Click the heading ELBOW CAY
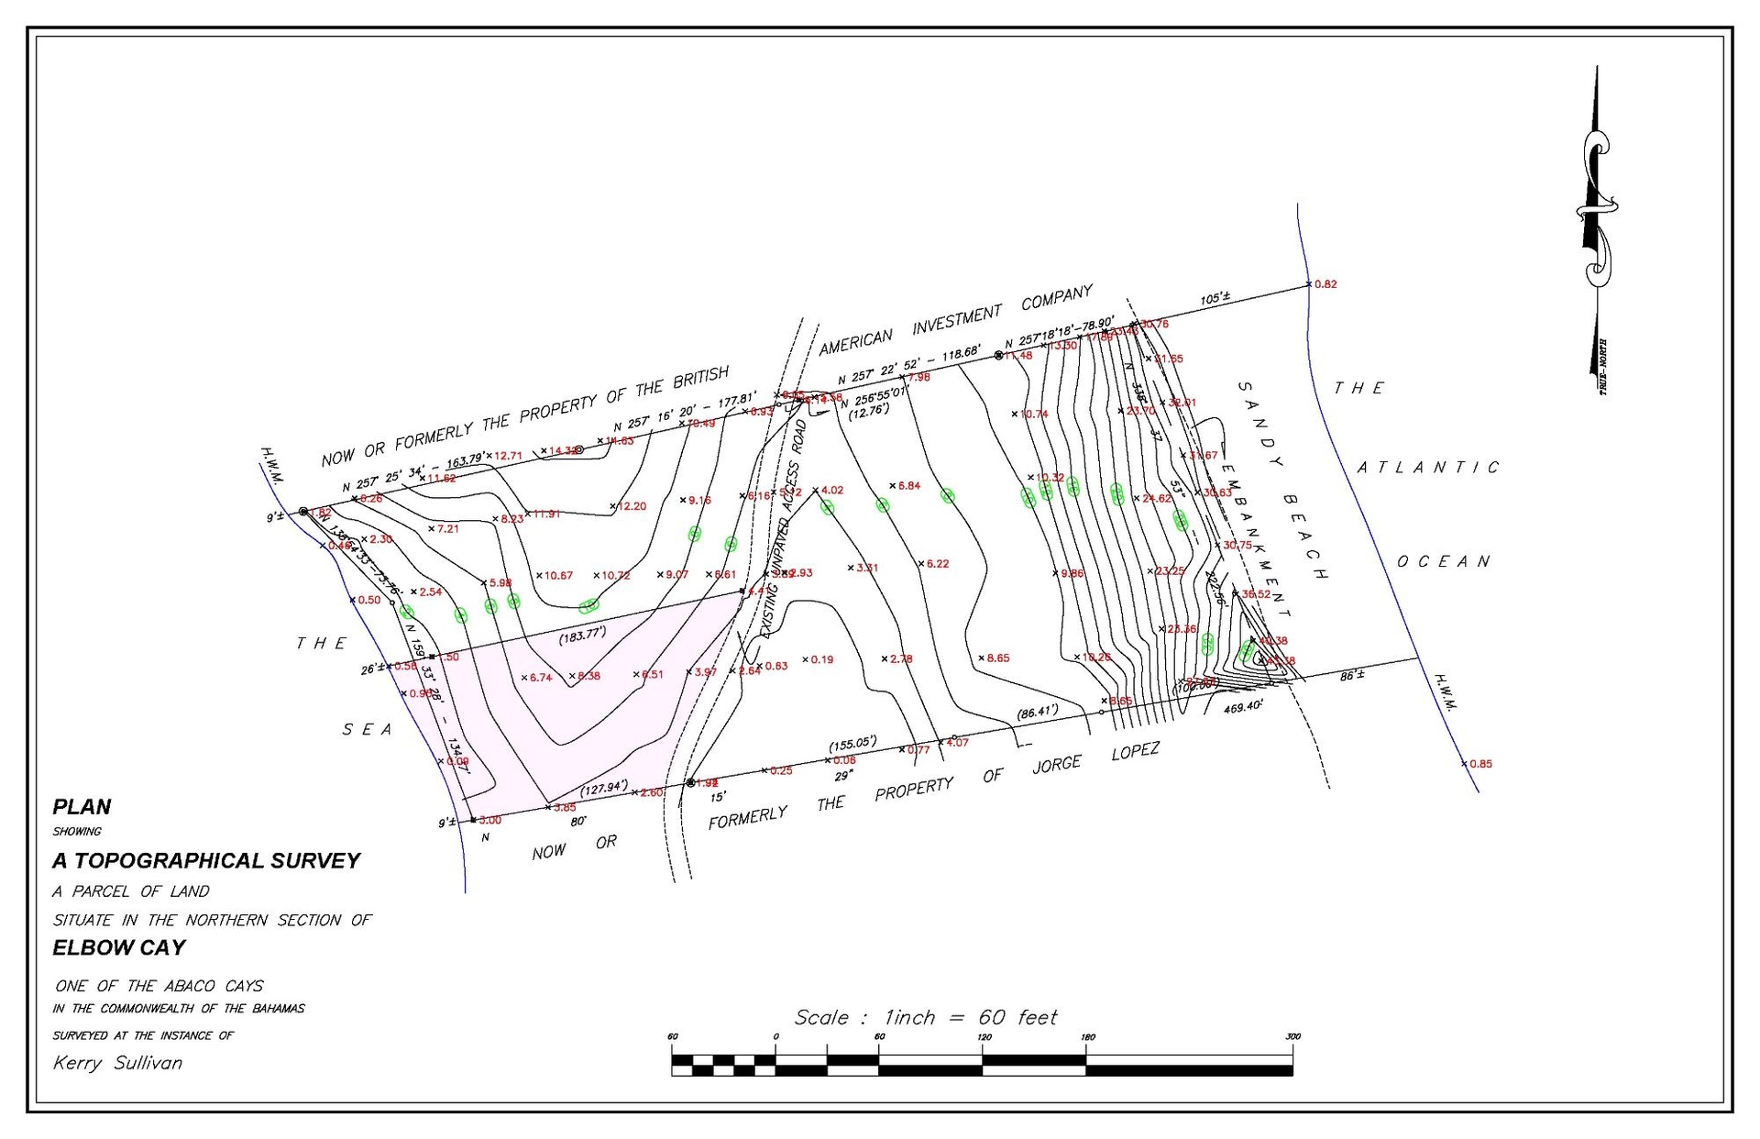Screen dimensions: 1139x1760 click(119, 947)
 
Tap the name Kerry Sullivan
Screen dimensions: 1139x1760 click(117, 1063)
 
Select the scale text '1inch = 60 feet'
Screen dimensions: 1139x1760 click(970, 1017)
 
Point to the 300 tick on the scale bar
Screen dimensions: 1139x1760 click(1292, 1036)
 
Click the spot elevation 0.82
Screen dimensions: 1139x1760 click(1325, 284)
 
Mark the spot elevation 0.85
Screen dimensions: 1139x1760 click(1480, 764)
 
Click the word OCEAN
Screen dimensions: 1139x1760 click(1444, 561)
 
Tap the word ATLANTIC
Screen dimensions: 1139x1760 click(1428, 468)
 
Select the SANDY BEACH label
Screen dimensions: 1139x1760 click(1283, 481)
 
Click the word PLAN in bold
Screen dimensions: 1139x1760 click(82, 807)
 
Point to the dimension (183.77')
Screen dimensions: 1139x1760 click(583, 635)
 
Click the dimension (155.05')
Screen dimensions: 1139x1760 click(852, 743)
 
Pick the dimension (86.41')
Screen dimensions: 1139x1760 click(1037, 711)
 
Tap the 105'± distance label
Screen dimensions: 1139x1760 click(1215, 299)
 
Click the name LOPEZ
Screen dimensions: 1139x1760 click(1136, 752)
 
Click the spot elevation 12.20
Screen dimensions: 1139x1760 click(632, 506)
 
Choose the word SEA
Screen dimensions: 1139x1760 click(367, 730)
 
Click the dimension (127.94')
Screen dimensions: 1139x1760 click(603, 788)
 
